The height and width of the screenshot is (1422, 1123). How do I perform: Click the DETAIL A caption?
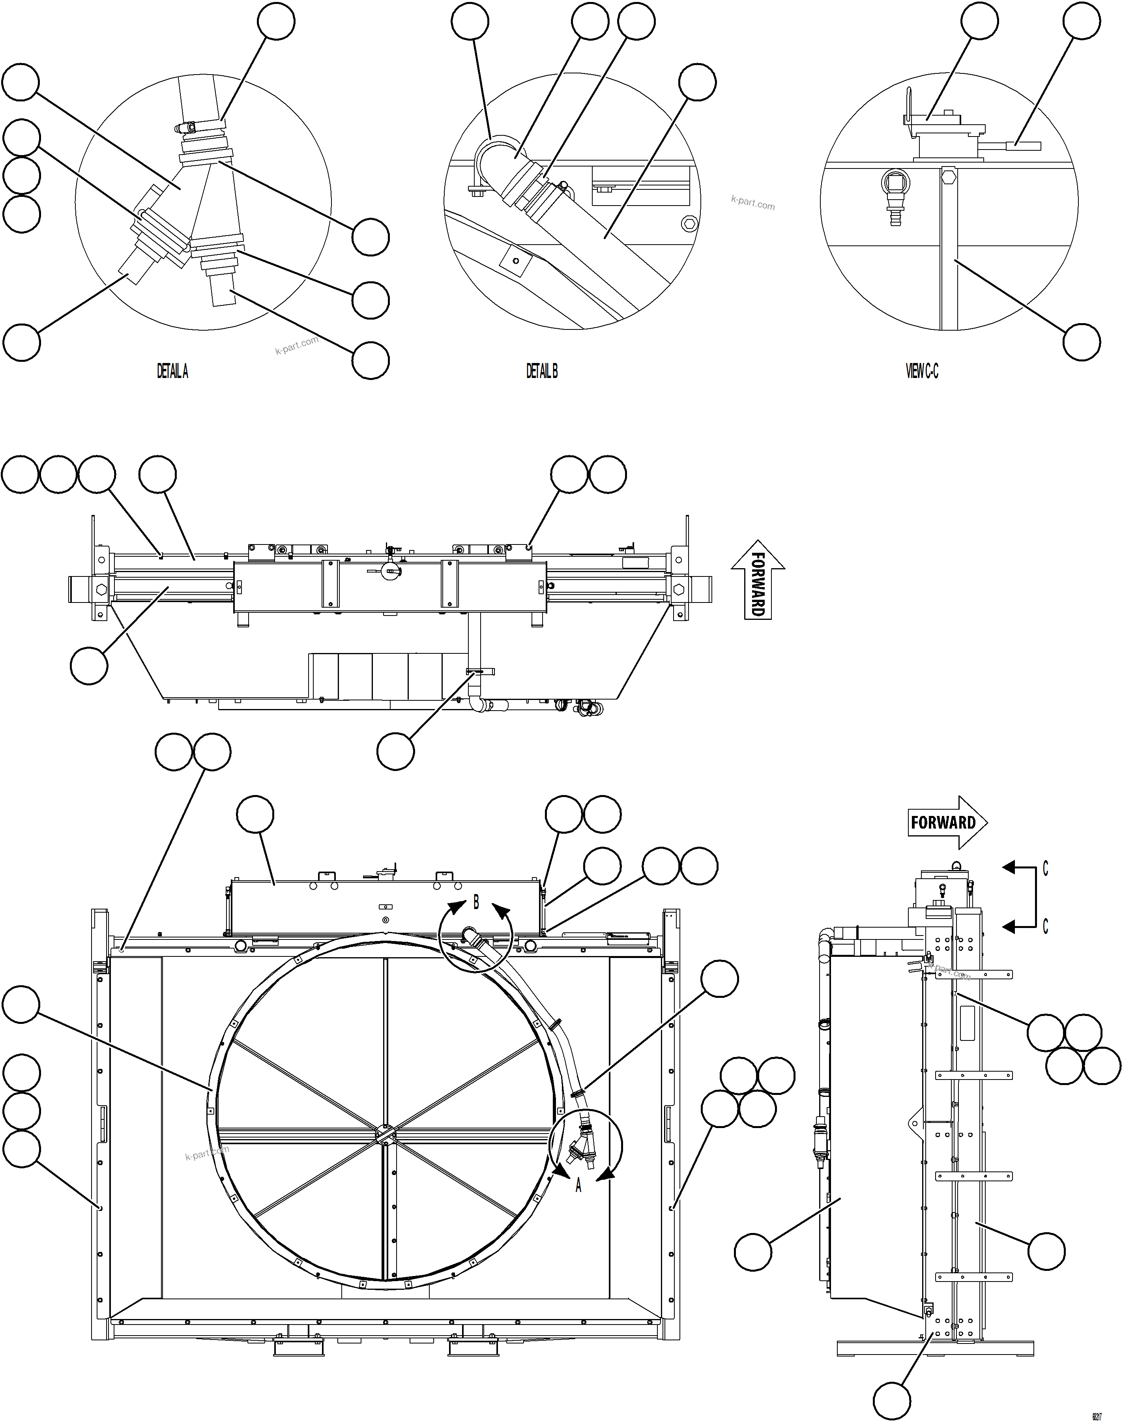click(172, 371)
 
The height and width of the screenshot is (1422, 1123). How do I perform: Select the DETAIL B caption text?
click(542, 371)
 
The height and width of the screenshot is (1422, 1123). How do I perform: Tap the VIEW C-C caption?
click(922, 371)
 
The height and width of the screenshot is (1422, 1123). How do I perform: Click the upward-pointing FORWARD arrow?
click(758, 580)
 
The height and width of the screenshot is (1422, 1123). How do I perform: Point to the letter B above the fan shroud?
click(476, 903)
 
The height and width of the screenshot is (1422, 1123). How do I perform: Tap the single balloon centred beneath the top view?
click(396, 751)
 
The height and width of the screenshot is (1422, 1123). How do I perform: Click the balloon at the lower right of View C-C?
click(1082, 342)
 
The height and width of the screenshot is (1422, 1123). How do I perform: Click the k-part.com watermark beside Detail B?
click(753, 204)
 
